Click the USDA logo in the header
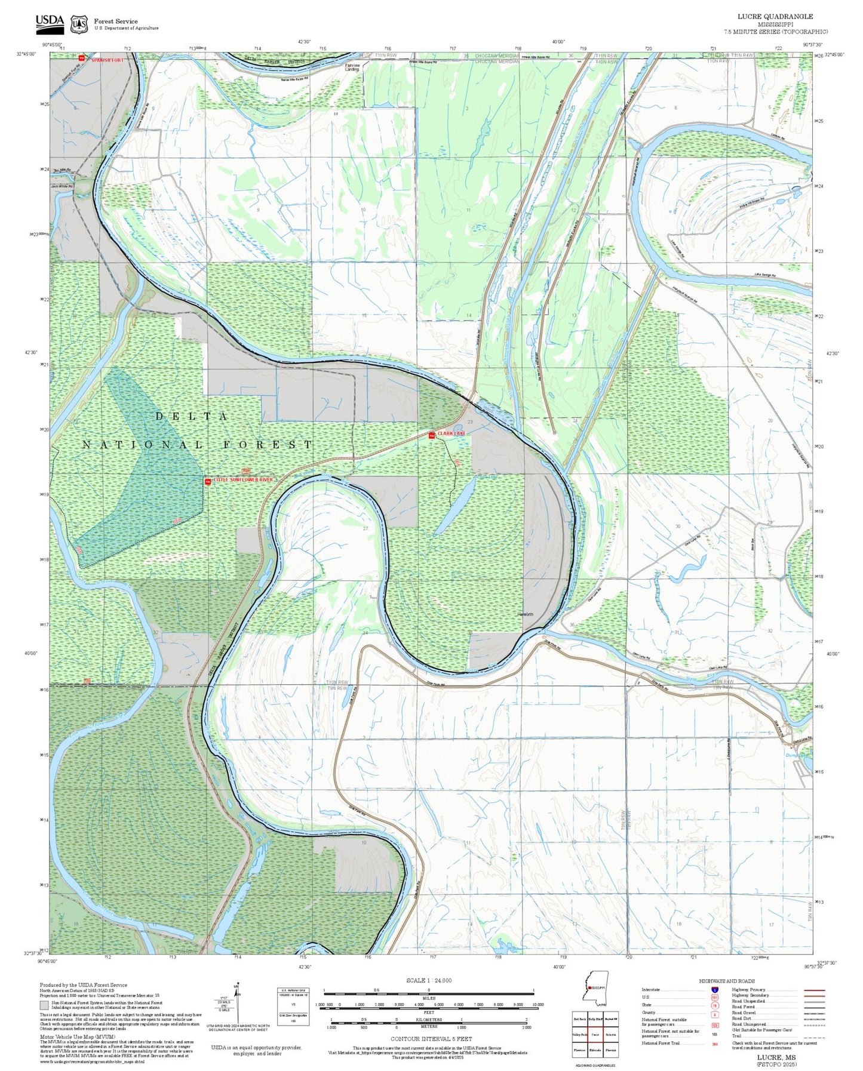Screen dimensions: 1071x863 click(50, 23)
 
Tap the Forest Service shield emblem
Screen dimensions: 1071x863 click(79, 24)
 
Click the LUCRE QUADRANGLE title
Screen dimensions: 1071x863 click(775, 17)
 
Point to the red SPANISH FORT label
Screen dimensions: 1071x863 click(108, 60)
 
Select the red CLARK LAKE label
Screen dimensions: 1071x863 click(451, 433)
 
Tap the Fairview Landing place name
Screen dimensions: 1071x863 click(352, 67)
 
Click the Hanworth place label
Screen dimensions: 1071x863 click(525, 614)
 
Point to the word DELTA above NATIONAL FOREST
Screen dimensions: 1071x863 click(192, 416)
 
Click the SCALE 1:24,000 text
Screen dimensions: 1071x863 click(428, 980)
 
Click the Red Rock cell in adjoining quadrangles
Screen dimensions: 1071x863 click(579, 1019)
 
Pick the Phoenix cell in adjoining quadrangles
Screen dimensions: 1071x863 click(610, 1050)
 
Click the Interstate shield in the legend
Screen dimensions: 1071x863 click(714, 990)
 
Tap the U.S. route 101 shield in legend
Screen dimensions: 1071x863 click(714, 997)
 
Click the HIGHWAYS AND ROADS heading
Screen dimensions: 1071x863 click(727, 981)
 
